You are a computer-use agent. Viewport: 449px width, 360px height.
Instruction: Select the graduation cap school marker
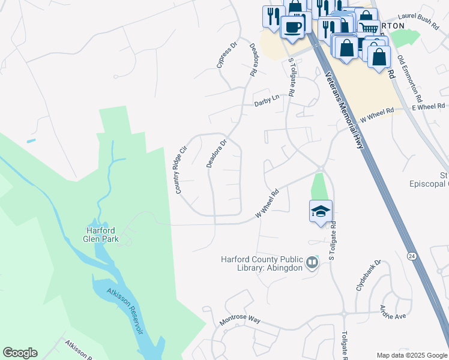[x=321, y=211]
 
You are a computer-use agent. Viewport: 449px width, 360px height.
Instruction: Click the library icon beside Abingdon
[x=312, y=262]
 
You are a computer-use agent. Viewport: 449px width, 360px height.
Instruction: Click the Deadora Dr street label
[x=216, y=154]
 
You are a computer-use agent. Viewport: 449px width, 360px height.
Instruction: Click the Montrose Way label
[x=240, y=319]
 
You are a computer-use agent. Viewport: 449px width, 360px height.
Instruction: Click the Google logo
[x=20, y=353]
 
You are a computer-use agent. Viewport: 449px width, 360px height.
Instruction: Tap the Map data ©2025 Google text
[x=411, y=356]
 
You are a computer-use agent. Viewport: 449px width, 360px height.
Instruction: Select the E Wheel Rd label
[x=428, y=106]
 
